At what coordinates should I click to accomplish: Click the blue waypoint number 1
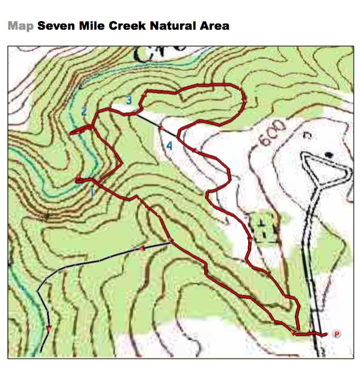(92, 192)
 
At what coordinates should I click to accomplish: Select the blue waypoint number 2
(83, 111)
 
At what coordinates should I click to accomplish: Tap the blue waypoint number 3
(128, 99)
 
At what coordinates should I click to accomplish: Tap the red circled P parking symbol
(337, 334)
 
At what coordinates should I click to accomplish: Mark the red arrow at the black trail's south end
(48, 329)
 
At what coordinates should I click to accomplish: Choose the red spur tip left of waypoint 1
(76, 180)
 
